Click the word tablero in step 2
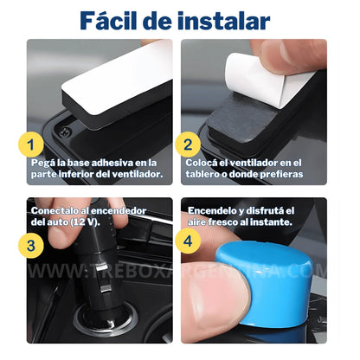tap(204, 174)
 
